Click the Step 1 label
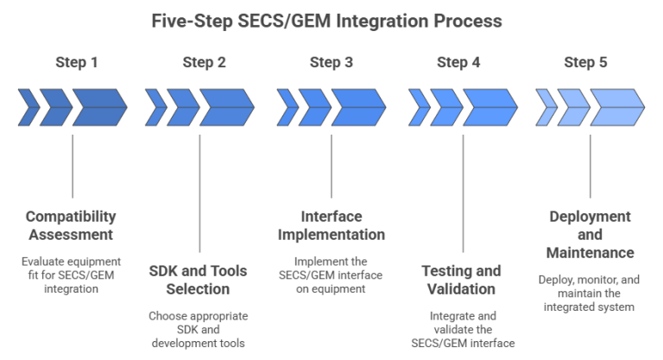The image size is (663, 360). pos(77,62)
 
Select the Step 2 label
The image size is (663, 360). pos(205,62)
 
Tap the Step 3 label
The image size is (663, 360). pos(331,62)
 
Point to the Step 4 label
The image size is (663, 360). pos(458,62)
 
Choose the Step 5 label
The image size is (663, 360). pos(585,62)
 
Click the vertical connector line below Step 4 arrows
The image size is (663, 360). pos(464,190)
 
